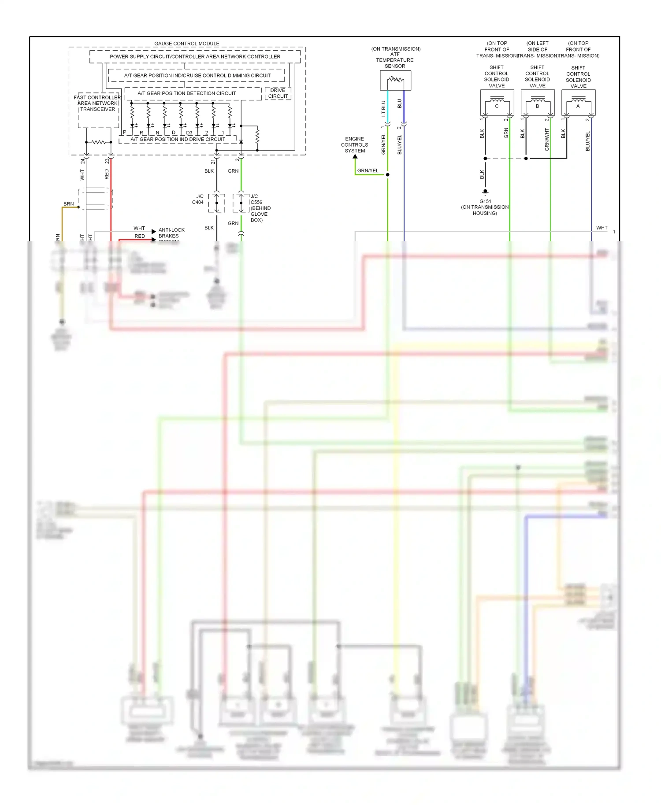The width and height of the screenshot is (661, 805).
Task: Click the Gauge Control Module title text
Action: click(186, 44)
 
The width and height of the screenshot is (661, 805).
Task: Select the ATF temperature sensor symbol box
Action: click(395, 81)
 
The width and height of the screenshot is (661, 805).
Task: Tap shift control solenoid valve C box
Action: click(497, 103)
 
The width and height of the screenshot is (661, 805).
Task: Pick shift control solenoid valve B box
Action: click(537, 103)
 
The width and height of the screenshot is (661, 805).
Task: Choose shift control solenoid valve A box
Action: click(578, 103)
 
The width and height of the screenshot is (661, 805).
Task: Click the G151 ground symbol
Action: click(485, 192)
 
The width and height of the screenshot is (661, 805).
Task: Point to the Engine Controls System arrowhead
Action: click(355, 156)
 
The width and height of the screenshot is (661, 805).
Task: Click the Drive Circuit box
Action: click(278, 93)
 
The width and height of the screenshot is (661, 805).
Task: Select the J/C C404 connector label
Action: click(198, 199)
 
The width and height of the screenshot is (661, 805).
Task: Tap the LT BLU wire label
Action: click(383, 108)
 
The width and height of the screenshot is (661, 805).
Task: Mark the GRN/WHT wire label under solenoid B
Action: click(547, 140)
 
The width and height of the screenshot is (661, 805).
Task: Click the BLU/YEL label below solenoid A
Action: click(587, 141)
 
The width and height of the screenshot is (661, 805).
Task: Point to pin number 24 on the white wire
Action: click(82, 162)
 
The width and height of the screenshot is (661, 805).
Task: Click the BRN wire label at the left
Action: click(68, 204)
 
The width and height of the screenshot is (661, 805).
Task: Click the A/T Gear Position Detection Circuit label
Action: click(186, 93)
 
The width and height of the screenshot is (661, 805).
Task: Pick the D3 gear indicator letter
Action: click(189, 133)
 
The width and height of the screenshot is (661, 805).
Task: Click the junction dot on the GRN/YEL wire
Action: click(387, 175)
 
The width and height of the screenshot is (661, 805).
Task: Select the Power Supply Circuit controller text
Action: click(195, 57)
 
